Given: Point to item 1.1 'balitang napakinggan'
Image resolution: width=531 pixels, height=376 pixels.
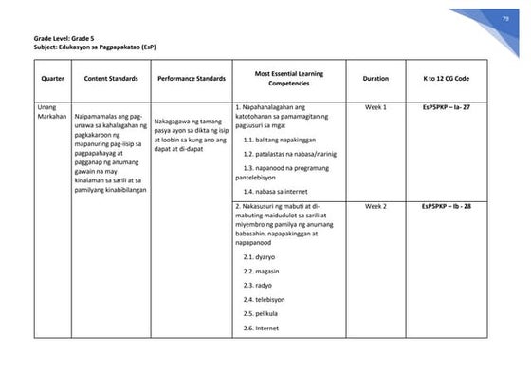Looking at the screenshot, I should point(280,139).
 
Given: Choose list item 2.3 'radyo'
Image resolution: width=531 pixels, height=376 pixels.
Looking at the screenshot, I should point(258,284).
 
